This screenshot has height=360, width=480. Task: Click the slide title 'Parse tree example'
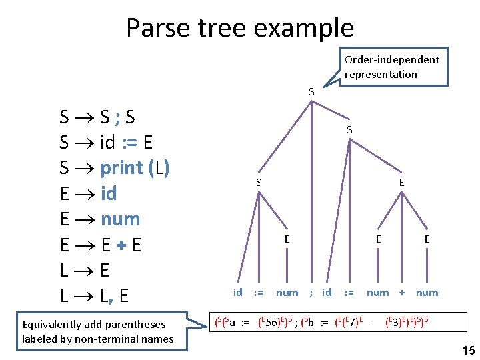point(239,28)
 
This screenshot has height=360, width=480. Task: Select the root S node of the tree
point(311,91)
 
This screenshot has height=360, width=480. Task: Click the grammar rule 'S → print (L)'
point(114,168)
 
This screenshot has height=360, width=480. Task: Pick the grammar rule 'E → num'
point(99,219)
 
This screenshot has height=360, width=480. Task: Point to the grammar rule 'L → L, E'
point(95,296)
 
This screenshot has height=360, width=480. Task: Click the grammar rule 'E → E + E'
point(100,245)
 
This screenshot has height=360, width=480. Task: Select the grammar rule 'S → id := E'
point(107,143)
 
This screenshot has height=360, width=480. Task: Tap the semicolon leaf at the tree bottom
point(311,293)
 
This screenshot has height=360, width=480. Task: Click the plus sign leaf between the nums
point(402,293)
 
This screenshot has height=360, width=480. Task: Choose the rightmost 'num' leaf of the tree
point(427,293)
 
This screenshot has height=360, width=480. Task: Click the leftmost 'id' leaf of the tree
point(237,293)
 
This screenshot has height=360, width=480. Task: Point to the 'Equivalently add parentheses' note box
point(97,331)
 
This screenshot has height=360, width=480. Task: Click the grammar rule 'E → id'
point(88,194)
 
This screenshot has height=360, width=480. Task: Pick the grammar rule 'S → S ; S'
point(97,117)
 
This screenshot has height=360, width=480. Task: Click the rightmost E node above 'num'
point(427,239)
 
